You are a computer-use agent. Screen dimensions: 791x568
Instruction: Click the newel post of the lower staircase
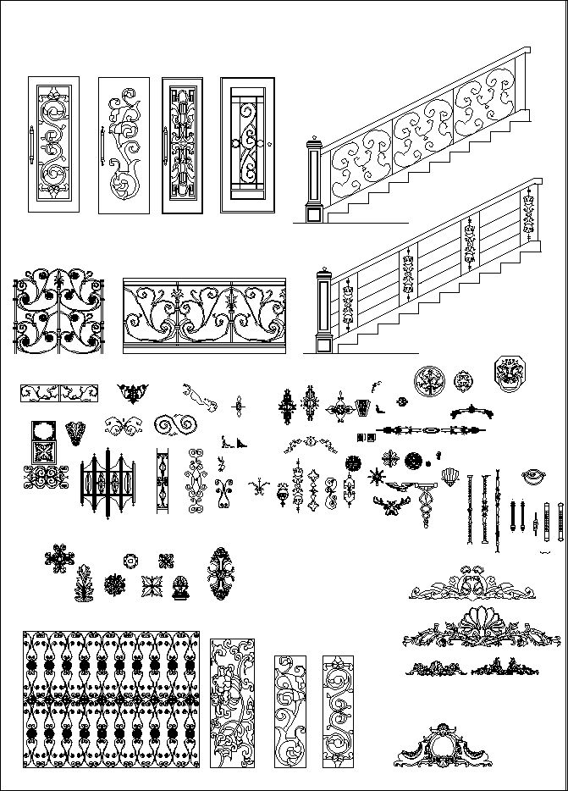pyautogui.click(x=323, y=311)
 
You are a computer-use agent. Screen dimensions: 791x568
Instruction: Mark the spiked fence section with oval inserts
pyautogui.click(x=108, y=486)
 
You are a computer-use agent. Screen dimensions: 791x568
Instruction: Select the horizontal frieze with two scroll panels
pyautogui.click(x=58, y=393)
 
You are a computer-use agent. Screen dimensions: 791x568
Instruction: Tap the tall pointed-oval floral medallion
pyautogui.click(x=222, y=576)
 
